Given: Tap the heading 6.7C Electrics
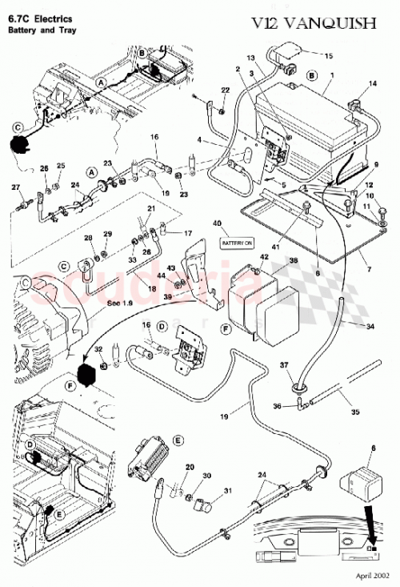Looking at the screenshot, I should click(39, 18).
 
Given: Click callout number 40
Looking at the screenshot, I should click(238, 223).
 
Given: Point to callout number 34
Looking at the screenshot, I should click(370, 327).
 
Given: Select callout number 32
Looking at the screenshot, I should click(99, 349).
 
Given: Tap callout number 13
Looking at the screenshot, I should click(250, 58).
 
